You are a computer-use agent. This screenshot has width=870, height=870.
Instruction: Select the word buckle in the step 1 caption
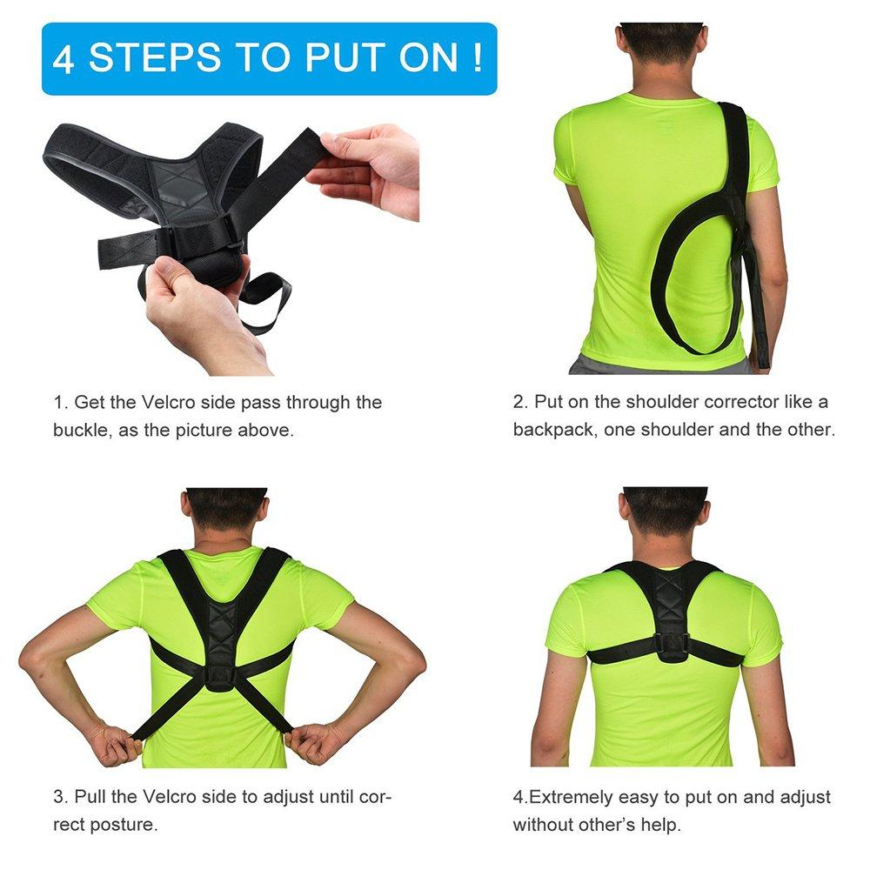(81, 431)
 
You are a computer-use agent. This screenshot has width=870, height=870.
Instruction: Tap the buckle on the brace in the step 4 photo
(671, 644)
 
